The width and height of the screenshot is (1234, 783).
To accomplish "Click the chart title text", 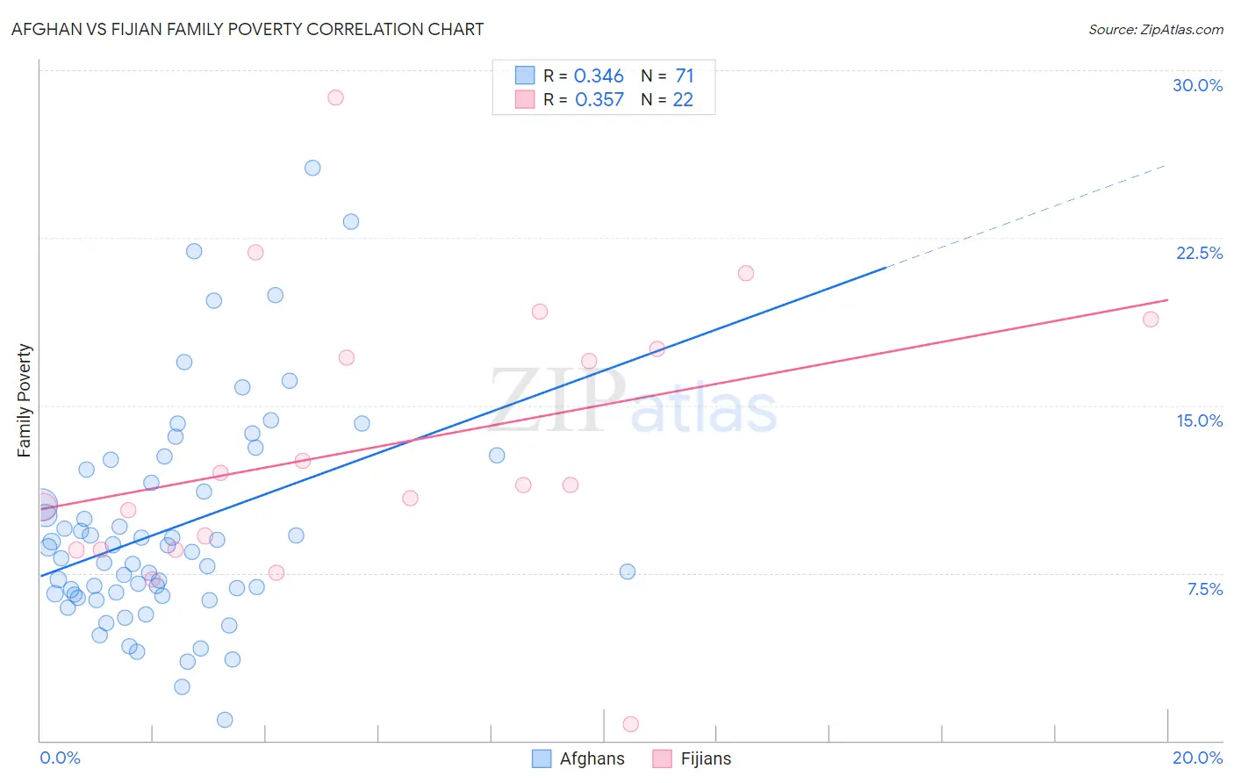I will [248, 29].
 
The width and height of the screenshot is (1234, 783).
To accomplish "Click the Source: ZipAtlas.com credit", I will [1155, 29].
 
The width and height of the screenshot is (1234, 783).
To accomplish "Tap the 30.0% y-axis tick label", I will [1197, 85].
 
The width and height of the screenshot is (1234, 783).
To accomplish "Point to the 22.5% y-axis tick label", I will [1199, 253].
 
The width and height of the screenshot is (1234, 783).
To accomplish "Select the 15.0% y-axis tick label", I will [1199, 420].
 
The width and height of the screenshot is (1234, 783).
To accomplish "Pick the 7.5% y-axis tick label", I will [1204, 589].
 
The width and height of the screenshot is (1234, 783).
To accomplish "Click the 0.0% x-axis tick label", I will [60, 758].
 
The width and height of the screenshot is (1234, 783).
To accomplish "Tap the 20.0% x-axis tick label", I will [1197, 758].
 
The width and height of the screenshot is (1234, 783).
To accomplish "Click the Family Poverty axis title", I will [25, 400].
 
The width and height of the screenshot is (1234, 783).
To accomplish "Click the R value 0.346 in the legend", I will [599, 76].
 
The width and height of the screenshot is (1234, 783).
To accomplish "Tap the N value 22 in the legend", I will [682, 100].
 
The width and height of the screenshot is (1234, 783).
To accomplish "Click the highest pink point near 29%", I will [335, 97].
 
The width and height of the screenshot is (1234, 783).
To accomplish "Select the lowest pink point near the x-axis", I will [630, 724].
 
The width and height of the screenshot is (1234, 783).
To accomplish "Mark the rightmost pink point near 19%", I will [1151, 320].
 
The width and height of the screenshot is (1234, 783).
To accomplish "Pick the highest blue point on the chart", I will [312, 168].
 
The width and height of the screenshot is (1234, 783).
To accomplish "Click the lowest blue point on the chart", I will [225, 720].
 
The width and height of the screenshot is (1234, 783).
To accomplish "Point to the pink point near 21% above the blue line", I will [746, 273].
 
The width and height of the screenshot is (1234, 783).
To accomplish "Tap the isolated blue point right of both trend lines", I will [628, 571].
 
